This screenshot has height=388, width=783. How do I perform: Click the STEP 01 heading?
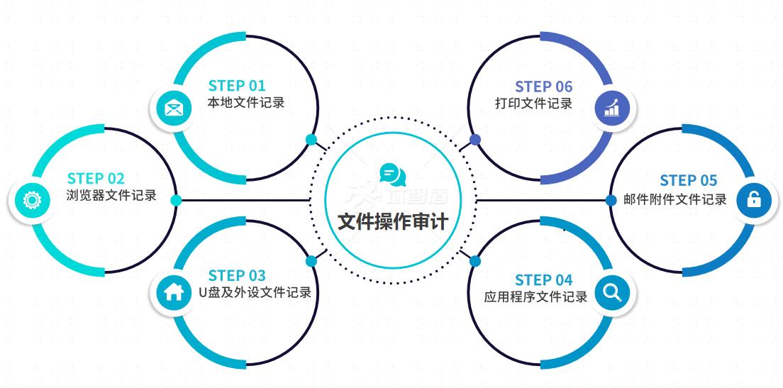pos(237,86)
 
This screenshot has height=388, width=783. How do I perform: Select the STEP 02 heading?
pos(96,178)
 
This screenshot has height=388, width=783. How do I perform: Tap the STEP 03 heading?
pos(237,275)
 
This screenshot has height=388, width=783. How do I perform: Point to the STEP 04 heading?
pos(544,279)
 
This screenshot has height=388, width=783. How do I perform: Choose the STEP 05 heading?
pos(689,180)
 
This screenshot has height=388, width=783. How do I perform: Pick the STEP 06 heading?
pos(544,87)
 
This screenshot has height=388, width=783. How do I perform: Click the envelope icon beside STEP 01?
pos(174,108)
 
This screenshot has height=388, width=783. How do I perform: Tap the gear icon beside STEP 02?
pos(31,200)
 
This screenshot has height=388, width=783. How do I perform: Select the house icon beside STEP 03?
pos(174,292)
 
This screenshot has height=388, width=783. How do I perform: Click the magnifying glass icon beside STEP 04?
pos(612,292)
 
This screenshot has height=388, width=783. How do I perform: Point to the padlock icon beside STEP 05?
pos(754,200)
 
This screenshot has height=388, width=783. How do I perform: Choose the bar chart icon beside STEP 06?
pos(612,108)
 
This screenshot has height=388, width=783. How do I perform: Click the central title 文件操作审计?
pos(392,221)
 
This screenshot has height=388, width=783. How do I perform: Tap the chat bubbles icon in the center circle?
pos(392,174)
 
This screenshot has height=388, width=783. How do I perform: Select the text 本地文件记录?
pos(246,103)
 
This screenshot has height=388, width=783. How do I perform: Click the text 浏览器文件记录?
pos(111,195)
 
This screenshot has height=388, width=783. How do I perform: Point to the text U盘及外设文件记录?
pos(255,292)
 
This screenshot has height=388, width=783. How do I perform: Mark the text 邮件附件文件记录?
pos(675,199)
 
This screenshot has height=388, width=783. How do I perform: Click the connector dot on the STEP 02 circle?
pos(176,200)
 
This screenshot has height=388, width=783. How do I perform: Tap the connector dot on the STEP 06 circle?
pos(475,139)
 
